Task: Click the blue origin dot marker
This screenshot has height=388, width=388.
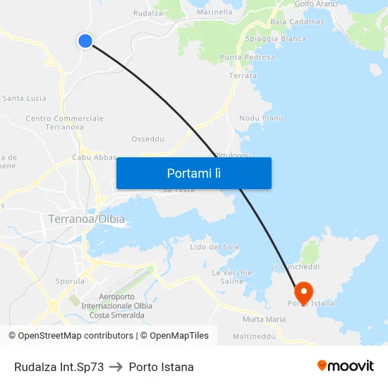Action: [85, 41]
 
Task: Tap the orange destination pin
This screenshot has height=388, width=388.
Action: [304, 292]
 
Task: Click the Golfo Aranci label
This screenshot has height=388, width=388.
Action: [316, 4]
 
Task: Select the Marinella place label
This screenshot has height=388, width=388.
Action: [215, 12]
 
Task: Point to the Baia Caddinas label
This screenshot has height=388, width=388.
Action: [297, 22]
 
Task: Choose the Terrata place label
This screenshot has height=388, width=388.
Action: [243, 75]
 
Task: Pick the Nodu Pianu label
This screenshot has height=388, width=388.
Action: [261, 118]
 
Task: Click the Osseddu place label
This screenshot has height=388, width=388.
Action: [148, 139]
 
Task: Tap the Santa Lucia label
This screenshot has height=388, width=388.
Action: [25, 98]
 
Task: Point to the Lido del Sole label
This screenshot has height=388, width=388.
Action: [214, 247]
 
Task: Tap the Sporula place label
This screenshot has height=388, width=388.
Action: [70, 281]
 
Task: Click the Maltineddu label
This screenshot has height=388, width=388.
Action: [254, 337]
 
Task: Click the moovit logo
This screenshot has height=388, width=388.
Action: [346, 366]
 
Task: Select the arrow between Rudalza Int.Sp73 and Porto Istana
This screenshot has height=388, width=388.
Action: [116, 368]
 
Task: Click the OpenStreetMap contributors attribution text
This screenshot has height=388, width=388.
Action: [71, 336]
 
